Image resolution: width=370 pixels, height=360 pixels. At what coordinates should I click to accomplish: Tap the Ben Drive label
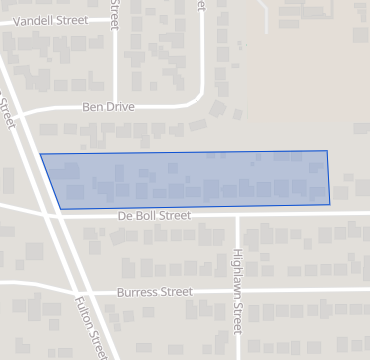coord(108,106)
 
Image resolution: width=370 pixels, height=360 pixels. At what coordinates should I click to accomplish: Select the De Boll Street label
coord(154,216)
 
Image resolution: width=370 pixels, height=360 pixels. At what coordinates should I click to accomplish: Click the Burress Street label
coord(154,293)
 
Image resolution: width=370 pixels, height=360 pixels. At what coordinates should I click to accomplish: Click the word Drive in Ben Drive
coord(120,106)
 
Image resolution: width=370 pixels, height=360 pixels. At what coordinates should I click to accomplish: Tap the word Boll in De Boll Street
coord(148,216)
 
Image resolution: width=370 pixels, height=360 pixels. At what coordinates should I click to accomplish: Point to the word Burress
coord(138,293)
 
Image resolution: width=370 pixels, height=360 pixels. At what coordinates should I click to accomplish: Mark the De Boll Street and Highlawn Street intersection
coord(237,213)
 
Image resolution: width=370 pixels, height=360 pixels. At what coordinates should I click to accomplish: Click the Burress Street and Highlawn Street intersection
coord(237,292)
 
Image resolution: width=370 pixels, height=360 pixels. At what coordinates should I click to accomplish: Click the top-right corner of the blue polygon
coord(327,151)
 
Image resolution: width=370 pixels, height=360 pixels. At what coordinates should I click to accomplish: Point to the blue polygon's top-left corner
coord(40,154)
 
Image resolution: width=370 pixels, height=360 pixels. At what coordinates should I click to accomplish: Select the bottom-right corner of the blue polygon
coord(330,205)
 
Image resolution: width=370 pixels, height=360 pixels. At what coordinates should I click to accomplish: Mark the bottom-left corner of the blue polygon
coord(60,209)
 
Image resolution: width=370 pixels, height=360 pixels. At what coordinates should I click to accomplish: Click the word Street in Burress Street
coord(176,293)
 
